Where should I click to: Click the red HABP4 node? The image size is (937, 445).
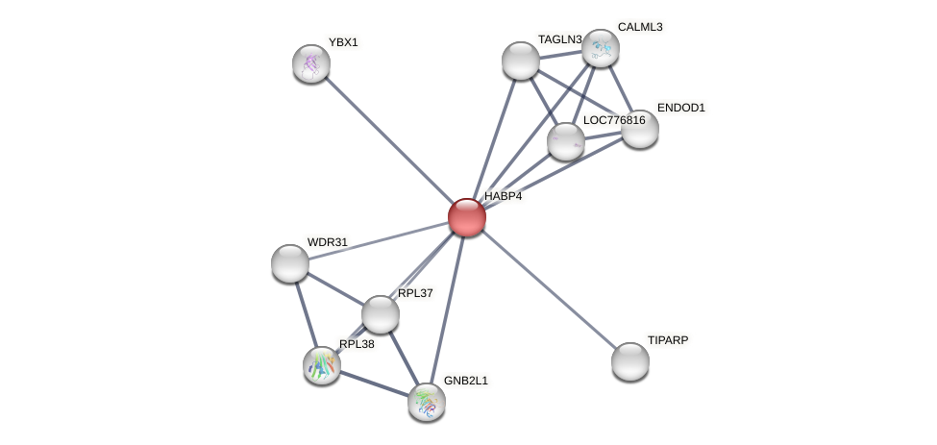pyautogui.click(x=467, y=217)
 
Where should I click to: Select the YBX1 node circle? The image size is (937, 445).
pyautogui.click(x=311, y=63)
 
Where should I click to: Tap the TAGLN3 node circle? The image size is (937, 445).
pyautogui.click(x=521, y=61)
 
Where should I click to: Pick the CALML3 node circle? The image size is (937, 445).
pyautogui.click(x=601, y=48)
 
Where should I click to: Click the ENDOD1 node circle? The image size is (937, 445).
pyautogui.click(x=640, y=129)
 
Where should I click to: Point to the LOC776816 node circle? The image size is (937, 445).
pyautogui.click(x=566, y=141)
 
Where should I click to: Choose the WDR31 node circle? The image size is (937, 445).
pyautogui.click(x=290, y=263)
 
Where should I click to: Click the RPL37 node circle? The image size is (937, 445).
pyautogui.click(x=381, y=314)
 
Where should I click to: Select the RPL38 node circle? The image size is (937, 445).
pyautogui.click(x=322, y=365)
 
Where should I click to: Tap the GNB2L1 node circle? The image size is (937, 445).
pyautogui.click(x=427, y=402)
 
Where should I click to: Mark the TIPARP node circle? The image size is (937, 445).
pyautogui.click(x=630, y=361)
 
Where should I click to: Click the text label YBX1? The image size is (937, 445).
pyautogui.click(x=343, y=42)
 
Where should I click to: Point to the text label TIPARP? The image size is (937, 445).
pyautogui.click(x=668, y=340)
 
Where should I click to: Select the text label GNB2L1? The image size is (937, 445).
pyautogui.click(x=466, y=381)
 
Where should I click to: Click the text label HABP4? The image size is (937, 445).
pyautogui.click(x=504, y=196)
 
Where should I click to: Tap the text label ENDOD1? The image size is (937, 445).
pyautogui.click(x=681, y=108)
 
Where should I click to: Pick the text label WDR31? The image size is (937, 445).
pyautogui.click(x=328, y=242)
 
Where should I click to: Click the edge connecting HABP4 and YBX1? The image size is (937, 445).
pyautogui.click(x=389, y=140)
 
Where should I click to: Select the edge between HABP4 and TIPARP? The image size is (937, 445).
pyautogui.click(x=549, y=289)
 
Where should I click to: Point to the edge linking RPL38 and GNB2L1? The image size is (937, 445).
pyautogui.click(x=375, y=383)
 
